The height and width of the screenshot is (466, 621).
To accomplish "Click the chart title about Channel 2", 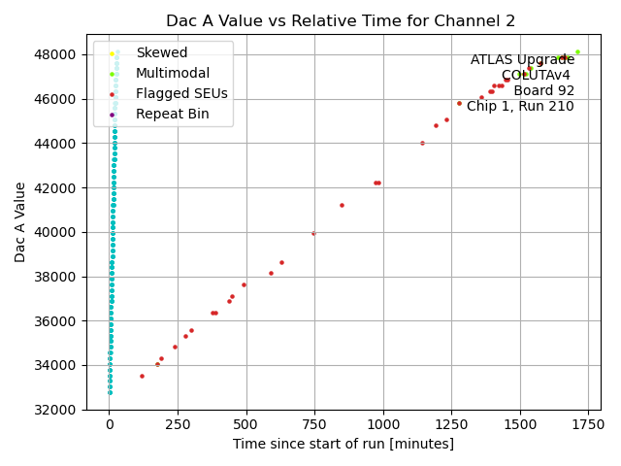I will point(341,20).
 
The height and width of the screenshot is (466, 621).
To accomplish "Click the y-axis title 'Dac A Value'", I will point(20,221).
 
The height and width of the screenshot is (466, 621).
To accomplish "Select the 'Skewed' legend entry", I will point(162,52).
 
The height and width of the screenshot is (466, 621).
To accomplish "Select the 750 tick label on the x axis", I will point(314,424).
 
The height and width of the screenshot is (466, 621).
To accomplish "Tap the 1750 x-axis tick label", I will point(588,424).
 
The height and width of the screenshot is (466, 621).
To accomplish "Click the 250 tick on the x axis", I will point(178,424).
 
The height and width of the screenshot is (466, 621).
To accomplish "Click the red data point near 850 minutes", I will point(342,205).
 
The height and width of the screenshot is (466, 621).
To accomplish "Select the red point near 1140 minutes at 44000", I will point(422,143).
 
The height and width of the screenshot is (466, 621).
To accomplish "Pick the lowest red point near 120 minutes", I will point(142,376).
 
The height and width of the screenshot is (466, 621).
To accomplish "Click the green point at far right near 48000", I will point(577,52).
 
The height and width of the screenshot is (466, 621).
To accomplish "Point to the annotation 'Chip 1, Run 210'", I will point(520,107).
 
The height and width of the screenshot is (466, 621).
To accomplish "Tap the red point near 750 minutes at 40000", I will point(313,233).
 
